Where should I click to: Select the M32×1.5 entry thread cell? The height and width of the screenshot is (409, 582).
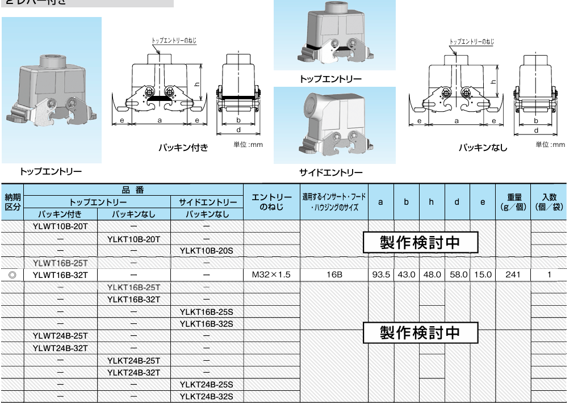[x=271, y=275]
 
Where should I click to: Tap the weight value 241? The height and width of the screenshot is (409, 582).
[x=513, y=275]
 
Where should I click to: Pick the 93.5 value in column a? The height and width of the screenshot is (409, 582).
[x=380, y=275]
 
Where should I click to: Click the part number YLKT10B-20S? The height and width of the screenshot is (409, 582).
[x=207, y=251]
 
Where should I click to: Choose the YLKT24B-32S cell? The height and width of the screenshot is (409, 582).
[x=207, y=397]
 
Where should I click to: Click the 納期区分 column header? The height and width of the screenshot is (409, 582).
[x=12, y=202]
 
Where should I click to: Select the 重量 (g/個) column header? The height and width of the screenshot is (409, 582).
[x=513, y=202]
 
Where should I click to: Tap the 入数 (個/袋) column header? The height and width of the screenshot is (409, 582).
[x=549, y=202]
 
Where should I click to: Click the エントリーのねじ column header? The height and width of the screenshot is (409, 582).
[x=271, y=202]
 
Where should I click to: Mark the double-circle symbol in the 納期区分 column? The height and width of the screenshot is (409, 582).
[x=12, y=275]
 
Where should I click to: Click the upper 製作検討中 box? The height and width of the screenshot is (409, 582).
[x=420, y=243]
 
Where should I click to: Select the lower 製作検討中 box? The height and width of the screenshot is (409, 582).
[x=420, y=332]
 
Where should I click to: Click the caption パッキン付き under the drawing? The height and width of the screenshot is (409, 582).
[x=183, y=147]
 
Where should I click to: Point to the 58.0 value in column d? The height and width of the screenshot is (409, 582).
[x=458, y=275]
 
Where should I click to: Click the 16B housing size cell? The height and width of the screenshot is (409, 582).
[x=334, y=275]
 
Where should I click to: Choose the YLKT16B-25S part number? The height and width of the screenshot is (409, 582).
[x=207, y=311]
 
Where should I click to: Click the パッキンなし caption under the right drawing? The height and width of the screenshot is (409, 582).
[x=482, y=147]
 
